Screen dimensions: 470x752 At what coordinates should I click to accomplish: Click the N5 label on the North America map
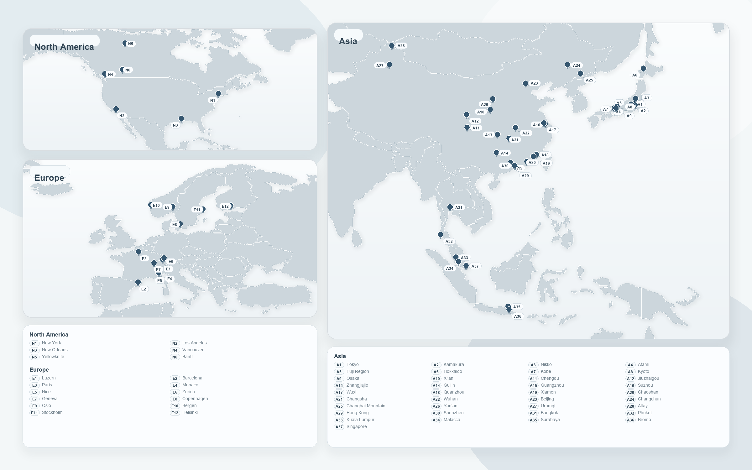[x=131, y=44]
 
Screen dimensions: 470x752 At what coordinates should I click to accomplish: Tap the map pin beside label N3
[x=181, y=118]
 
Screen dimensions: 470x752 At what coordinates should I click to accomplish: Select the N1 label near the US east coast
[x=212, y=101]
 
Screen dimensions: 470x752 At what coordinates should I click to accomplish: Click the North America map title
[x=64, y=47]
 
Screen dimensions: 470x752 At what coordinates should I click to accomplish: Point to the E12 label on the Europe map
[x=225, y=206]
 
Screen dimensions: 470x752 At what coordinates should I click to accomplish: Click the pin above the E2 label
[x=138, y=282]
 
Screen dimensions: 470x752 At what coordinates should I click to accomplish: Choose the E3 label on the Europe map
[x=144, y=259]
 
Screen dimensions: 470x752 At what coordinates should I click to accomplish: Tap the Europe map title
[x=49, y=178]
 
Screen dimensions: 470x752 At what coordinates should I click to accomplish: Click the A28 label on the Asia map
[x=401, y=46]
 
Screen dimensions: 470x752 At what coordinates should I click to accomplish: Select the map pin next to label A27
[x=389, y=65]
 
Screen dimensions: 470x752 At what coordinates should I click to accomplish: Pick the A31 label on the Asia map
[x=459, y=208]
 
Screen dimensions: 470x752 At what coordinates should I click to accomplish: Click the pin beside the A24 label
[x=567, y=65]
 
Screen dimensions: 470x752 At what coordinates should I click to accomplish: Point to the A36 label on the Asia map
[x=518, y=316]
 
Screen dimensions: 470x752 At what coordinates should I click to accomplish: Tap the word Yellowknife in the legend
[x=53, y=357]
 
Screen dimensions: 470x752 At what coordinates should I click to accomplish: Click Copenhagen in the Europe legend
[x=195, y=399]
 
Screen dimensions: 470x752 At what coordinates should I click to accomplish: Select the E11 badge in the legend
[x=34, y=413]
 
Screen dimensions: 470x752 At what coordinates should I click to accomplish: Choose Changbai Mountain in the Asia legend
[x=366, y=406]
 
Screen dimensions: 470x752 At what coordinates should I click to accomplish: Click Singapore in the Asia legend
[x=357, y=427]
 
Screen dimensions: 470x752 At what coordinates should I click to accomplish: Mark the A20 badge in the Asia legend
[x=630, y=393]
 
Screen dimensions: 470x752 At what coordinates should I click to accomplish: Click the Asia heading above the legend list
[x=340, y=356]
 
